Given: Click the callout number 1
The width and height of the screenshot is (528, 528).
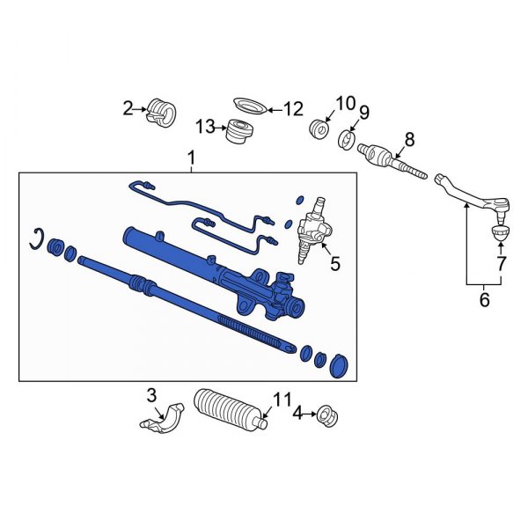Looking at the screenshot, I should pyautogui.click(x=192, y=158).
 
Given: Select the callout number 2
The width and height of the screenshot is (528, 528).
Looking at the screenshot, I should pyautogui.click(x=128, y=108).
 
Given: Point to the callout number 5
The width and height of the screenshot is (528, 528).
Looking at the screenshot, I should pyautogui.click(x=334, y=261).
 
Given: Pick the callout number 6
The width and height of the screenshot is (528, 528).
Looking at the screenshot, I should pyautogui.click(x=482, y=300).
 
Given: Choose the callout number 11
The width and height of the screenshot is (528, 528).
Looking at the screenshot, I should pyautogui.click(x=281, y=401).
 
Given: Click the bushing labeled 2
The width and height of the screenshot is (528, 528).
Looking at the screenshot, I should pyautogui.click(x=160, y=112).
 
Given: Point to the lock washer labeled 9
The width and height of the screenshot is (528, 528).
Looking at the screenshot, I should pyautogui.click(x=347, y=140).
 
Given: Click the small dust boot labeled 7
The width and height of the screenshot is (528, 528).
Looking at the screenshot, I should pyautogui.click(x=499, y=233).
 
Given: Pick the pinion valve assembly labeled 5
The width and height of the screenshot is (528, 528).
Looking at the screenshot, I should pyautogui.click(x=312, y=229).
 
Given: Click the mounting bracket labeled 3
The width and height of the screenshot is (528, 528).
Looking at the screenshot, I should pyautogui.click(x=162, y=417).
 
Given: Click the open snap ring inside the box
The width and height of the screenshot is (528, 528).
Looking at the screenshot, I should pyautogui.click(x=36, y=238).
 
